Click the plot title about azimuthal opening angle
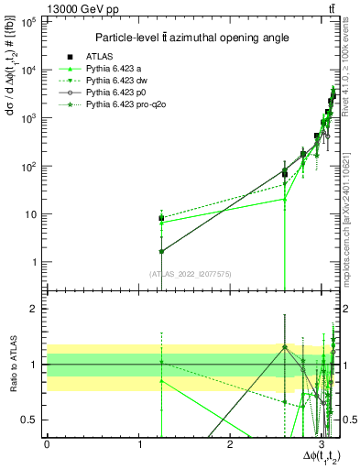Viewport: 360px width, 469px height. [188, 38]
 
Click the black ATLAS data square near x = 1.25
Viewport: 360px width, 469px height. [161, 219]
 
